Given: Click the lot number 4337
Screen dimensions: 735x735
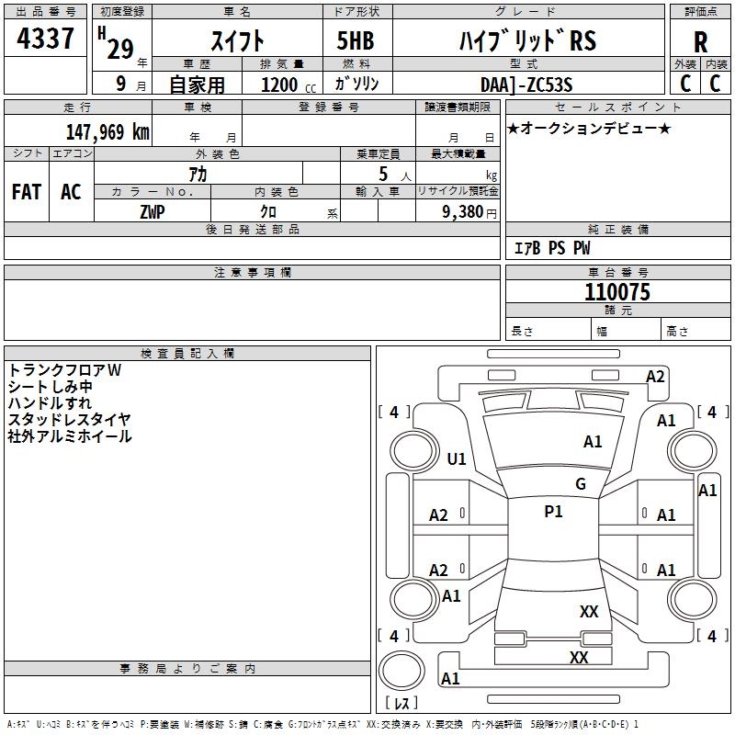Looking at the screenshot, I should tap(46, 40).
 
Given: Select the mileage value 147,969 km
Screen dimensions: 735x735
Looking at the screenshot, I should tap(107, 131).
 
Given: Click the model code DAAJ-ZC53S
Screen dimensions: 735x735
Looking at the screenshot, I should tap(526, 84).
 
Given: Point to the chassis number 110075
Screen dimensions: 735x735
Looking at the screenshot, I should tap(616, 293).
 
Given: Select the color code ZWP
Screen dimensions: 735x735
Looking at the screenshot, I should tap(153, 211).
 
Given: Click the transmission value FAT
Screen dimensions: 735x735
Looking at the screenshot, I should tap(27, 191).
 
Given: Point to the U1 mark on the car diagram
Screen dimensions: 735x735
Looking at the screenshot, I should tap(457, 458).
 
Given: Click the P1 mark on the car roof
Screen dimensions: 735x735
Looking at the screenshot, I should tap(553, 512).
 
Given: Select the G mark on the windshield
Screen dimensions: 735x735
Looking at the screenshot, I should tap(581, 483).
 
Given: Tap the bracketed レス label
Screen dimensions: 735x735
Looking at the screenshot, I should tap(401, 704).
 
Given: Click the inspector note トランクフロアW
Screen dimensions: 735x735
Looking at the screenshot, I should tap(64, 369).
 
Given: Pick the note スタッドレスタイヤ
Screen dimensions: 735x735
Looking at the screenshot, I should tap(69, 419).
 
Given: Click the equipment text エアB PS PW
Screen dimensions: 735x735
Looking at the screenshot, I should tap(551, 248).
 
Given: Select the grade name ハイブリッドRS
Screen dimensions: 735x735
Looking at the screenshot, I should tap(527, 40).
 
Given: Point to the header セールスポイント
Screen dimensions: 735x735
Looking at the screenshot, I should tap(616, 107).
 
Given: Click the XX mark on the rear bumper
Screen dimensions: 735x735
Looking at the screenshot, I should tap(579, 657).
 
